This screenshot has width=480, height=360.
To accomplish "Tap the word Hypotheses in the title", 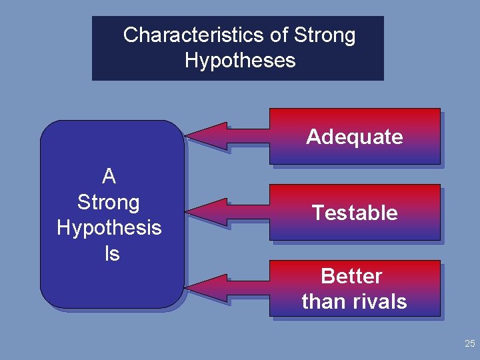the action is [240, 61].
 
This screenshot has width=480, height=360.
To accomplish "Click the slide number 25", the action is [469, 344].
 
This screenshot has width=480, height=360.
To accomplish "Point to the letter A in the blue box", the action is [109, 177].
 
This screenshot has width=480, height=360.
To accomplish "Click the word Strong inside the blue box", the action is [109, 202].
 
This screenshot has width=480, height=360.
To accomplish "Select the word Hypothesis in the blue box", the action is [109, 228].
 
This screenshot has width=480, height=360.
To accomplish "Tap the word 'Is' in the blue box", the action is [111, 253].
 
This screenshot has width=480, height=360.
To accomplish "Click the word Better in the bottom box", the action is [351, 276].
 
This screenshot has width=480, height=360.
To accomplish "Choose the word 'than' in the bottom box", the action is [322, 301].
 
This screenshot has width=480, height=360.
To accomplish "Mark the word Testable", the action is [355, 213].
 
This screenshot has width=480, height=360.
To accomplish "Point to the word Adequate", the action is [355, 137].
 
